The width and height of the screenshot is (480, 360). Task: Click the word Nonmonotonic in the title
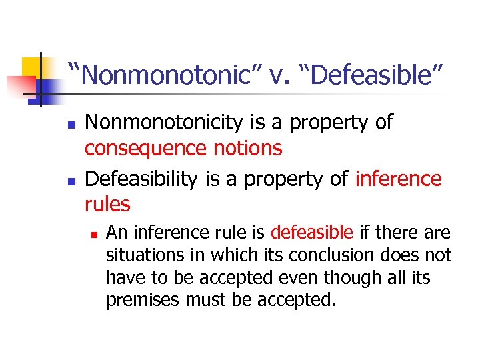click(161, 75)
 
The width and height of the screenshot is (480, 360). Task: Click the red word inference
click(399, 179)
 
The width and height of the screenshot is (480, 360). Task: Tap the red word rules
click(108, 203)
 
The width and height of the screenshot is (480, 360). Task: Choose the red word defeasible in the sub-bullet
click(311, 233)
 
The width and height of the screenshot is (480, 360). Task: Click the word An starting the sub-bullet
click(115, 233)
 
